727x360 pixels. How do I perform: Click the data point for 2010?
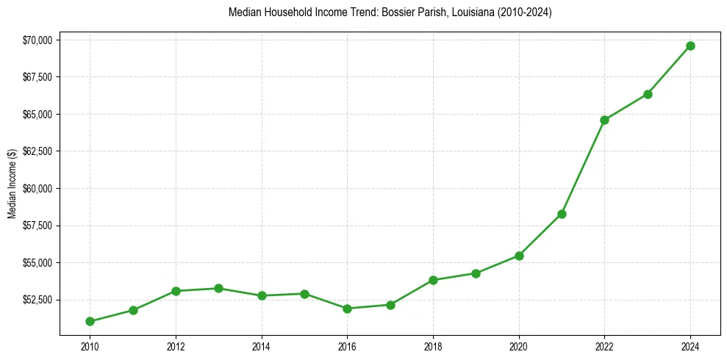click(90, 321)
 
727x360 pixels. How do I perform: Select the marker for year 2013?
click(218, 288)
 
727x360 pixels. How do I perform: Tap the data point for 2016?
click(347, 309)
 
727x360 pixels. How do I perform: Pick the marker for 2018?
click(433, 280)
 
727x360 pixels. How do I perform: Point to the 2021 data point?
click(562, 214)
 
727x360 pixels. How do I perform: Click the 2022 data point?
click(604, 120)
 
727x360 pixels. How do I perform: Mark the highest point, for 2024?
click(690, 46)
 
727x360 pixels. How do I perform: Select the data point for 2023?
click(648, 94)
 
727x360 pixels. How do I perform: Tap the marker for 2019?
click(476, 273)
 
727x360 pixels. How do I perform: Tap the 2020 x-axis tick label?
click(519, 346)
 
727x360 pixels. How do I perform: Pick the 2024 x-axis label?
click(690, 346)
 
